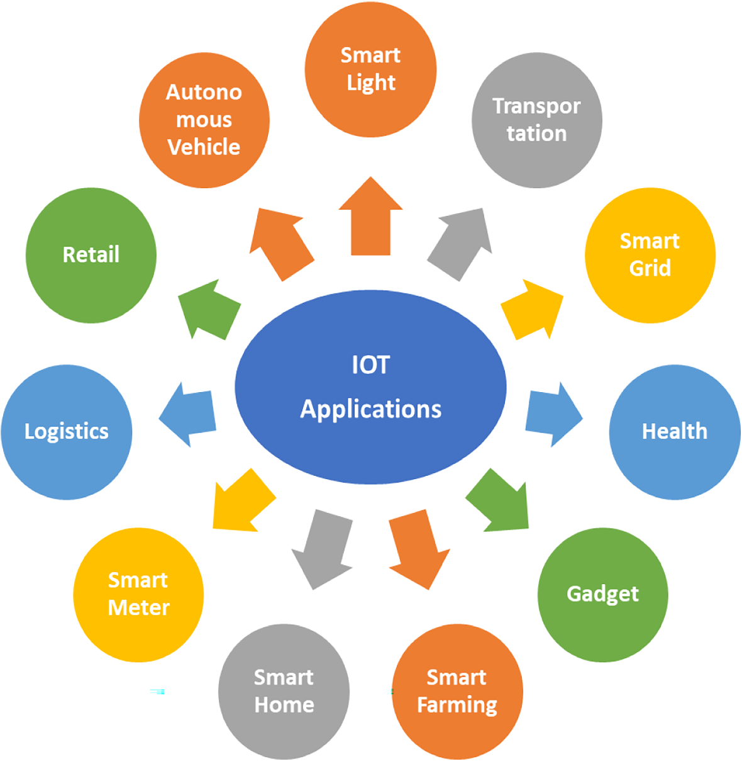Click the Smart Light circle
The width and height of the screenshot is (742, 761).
(370, 69)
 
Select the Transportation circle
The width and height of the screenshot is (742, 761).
(536, 120)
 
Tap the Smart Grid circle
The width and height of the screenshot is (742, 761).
(650, 255)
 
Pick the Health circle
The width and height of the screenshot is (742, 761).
(674, 432)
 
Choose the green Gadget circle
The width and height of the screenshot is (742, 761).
(602, 594)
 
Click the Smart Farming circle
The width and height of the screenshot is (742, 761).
(457, 691)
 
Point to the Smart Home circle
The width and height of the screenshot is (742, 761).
(284, 691)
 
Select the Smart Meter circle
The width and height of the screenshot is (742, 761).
(138, 594)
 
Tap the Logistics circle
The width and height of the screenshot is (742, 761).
(67, 432)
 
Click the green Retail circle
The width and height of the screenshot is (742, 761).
(91, 255)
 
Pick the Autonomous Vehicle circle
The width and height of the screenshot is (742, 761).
(204, 120)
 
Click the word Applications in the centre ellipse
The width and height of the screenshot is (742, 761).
(370, 409)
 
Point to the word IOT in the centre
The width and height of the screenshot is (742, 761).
(370, 365)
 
